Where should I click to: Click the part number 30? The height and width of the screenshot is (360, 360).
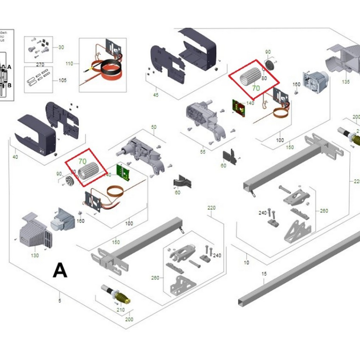pyautogui.click(x=61, y=47)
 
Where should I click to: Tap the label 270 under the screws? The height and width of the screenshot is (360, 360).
pyautogui.click(x=40, y=64)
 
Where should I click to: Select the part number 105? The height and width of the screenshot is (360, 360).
pyautogui.click(x=62, y=81)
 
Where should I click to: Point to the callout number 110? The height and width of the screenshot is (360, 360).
pyautogui.click(x=69, y=64)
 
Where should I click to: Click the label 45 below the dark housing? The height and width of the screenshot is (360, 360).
pyautogui.click(x=156, y=95)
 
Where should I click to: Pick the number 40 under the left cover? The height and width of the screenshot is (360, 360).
pyautogui.click(x=15, y=157)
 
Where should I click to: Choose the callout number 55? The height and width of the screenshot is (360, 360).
pyautogui.click(x=203, y=152)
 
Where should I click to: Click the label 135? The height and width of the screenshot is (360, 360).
pyautogui.click(x=346, y=82)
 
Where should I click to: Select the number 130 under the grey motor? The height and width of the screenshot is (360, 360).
pyautogui.click(x=35, y=256)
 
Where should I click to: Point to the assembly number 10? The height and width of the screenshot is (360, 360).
pyautogui.click(x=246, y=262)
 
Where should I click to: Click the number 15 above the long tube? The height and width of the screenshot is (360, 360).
pyautogui.click(x=264, y=274)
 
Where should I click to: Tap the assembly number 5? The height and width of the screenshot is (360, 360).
pyautogui.click(x=60, y=301)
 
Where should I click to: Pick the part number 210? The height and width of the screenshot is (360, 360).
pyautogui.click(x=121, y=310)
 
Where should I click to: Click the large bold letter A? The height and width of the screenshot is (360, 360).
pyautogui.click(x=60, y=270)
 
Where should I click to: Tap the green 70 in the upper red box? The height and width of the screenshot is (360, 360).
pyautogui.click(x=256, y=89)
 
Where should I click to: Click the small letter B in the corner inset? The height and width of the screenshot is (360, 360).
pyautogui.click(x=9, y=84)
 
